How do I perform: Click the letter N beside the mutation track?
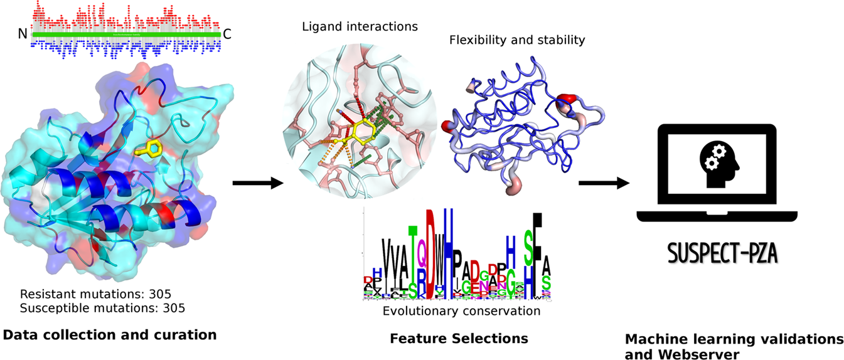[x=23, y=35]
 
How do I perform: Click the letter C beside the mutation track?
[x=227, y=35]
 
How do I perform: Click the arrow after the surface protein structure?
[x=257, y=183]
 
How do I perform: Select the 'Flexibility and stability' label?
[x=517, y=40]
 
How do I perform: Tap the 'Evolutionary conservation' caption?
[x=452, y=311]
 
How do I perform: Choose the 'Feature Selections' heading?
[x=459, y=339]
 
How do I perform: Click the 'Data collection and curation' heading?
[x=110, y=335]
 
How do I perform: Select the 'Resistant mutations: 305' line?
[x=95, y=294]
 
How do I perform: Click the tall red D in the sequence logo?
[x=431, y=251]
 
